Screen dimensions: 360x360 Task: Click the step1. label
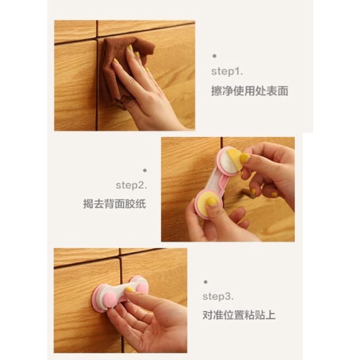[227, 72]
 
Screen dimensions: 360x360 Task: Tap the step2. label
[131, 185]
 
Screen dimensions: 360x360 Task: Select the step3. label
[218, 296]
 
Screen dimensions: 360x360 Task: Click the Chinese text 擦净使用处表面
[250, 91]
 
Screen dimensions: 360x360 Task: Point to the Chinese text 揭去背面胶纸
[114, 204]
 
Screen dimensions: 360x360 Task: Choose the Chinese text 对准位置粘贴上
[239, 315]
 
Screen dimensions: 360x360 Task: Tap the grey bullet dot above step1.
[214, 56]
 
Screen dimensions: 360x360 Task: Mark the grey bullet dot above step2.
[145, 170]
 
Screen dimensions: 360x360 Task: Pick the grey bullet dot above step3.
[205, 282]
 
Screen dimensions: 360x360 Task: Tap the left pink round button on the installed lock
[109, 299]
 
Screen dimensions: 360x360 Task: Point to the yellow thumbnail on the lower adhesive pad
[211, 201]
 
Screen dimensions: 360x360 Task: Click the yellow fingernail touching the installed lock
[130, 290]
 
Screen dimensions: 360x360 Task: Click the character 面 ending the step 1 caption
[283, 91]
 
